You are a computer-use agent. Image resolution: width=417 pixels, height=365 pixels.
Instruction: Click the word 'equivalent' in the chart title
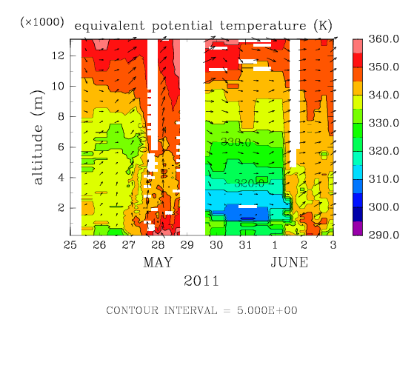[110, 26]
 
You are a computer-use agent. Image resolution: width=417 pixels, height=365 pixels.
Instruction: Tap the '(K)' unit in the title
[323, 26]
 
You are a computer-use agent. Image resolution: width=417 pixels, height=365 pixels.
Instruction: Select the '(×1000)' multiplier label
[42, 22]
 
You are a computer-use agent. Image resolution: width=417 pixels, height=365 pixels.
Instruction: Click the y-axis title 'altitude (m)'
[37, 137]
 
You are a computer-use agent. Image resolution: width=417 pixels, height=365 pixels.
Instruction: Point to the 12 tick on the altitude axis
[59, 56]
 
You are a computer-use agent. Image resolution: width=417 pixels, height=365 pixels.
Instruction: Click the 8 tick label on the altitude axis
[61, 116]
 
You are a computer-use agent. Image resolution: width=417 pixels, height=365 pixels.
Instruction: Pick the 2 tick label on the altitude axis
[61, 208]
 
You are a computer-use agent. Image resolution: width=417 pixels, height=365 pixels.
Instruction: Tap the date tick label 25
[70, 245]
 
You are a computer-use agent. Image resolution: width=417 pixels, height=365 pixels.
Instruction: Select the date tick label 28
[158, 245]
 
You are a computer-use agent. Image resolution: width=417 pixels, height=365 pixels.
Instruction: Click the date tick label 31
[245, 245]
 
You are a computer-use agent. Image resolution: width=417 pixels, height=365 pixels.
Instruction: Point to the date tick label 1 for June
[275, 245]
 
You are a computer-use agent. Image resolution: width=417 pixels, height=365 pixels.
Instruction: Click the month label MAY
[158, 262]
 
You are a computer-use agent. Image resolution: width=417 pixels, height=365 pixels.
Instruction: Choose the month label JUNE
[290, 262]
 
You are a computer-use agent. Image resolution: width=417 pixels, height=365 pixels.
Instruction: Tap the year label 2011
[201, 281]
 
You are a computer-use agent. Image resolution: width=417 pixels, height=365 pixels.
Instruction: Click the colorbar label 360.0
[384, 39]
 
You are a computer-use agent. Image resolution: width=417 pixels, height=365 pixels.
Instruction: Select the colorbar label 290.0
[384, 235]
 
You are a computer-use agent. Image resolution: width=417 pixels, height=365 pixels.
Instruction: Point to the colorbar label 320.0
[384, 151]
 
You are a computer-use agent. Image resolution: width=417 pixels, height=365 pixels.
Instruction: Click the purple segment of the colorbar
[358, 228]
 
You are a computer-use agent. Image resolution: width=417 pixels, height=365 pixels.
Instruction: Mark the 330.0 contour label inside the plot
[236, 142]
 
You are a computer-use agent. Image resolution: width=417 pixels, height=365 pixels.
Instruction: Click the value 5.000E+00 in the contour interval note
[267, 310]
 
